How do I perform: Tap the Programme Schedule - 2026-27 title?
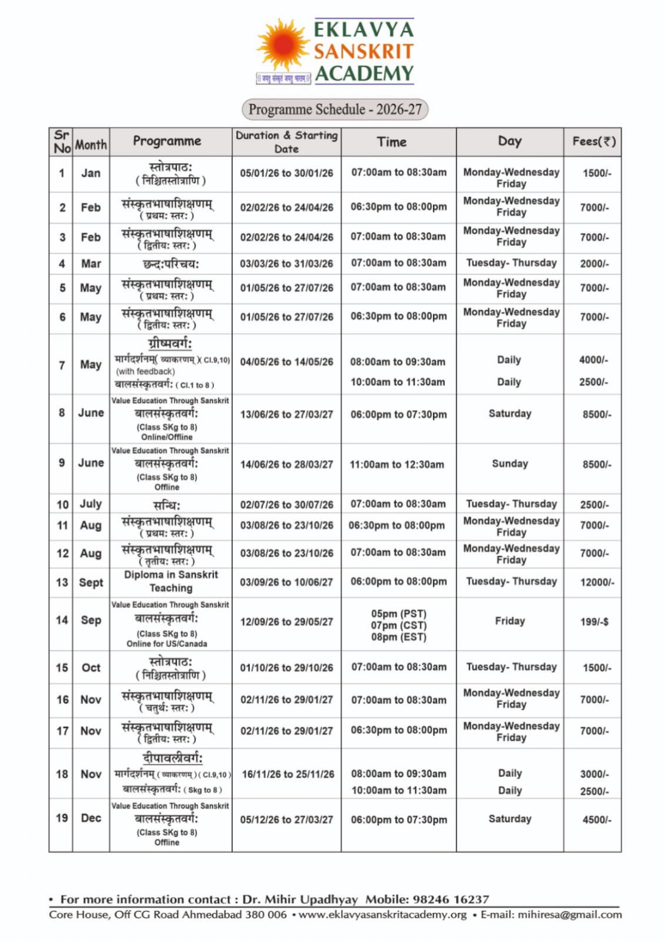[335, 109]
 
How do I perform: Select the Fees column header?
[594, 141]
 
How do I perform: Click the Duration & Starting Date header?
[286, 142]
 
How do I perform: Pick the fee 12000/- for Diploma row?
[597, 582]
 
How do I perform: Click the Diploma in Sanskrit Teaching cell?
[171, 581]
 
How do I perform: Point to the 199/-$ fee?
[594, 622]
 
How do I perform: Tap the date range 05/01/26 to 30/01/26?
[286, 173]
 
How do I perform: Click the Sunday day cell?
[510, 464]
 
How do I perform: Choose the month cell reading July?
[91, 504]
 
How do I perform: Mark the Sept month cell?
[91, 582]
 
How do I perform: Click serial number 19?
[62, 818]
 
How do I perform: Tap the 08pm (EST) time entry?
[399, 637]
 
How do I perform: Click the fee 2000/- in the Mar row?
[594, 263]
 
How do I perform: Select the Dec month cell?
[91, 818]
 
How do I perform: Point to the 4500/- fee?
[597, 820]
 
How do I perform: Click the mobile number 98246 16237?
[451, 899]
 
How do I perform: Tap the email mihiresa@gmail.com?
[569, 915]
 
